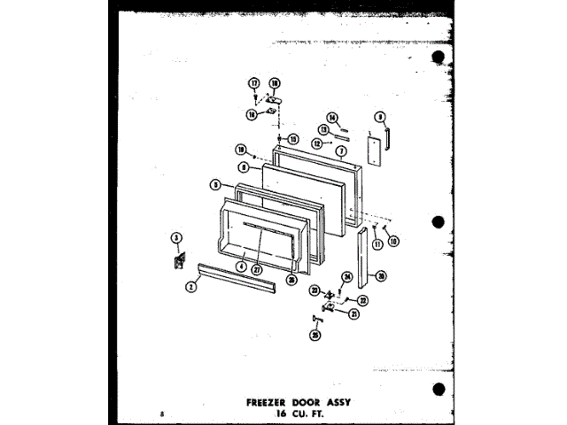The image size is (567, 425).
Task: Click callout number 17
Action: (254, 83)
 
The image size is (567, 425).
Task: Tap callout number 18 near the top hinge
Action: (275, 83)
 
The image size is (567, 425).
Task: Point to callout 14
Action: (332, 118)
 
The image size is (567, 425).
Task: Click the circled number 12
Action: (317, 143)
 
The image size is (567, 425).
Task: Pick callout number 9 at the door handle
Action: (379, 115)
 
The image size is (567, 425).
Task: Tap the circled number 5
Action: (215, 185)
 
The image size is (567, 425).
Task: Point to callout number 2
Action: (190, 287)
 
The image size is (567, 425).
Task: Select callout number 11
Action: (376, 243)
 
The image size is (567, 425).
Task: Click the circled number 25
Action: (315, 335)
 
